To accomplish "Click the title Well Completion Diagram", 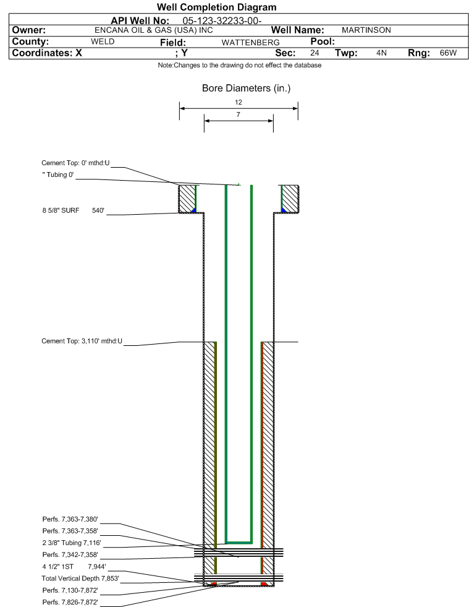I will point(216,7).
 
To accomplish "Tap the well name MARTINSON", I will point(366,30).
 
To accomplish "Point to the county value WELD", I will point(103,42).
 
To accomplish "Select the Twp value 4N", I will point(381,53).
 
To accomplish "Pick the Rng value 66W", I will point(448,53).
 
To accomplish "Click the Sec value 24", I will point(315,53).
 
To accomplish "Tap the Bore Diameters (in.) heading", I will point(246,88).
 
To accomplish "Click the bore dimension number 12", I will point(239,102).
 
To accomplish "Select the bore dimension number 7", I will point(238,114).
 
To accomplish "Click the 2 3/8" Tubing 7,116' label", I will point(72,543).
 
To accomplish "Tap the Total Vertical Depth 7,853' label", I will point(80,578).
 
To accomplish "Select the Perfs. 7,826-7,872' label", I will point(70,602).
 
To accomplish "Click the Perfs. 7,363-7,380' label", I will point(70,519).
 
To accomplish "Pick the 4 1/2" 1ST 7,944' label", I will point(74,566).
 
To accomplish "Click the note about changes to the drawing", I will point(239,66).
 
